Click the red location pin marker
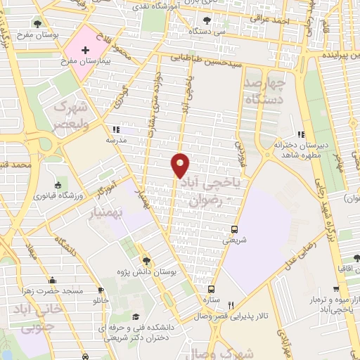click(180, 166)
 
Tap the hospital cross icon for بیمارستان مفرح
click(85, 51)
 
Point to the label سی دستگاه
click(211, 32)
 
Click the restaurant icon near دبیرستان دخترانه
click(301, 134)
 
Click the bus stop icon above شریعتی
click(234, 229)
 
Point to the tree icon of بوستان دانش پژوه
click(146, 259)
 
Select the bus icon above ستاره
click(210, 288)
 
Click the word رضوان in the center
click(205, 200)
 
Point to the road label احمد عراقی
click(273, 20)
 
